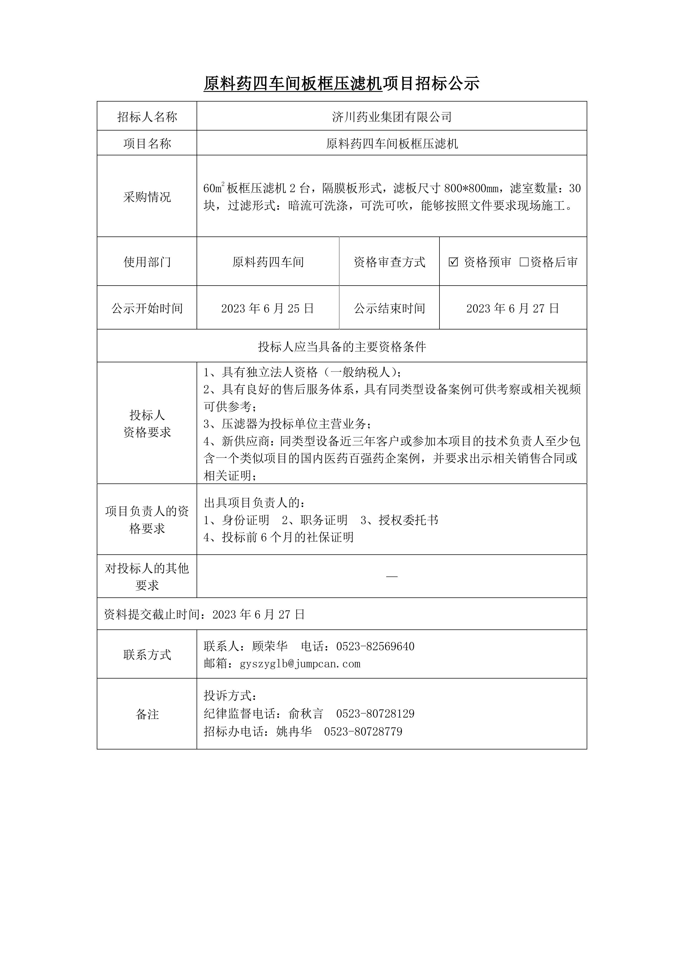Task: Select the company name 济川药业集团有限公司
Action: pos(392,117)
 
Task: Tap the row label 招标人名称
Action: pos(147,117)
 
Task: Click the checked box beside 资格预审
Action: pos(453,262)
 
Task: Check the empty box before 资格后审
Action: pos(524,262)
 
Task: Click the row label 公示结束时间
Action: pos(389,308)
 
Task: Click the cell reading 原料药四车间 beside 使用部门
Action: pos(268,262)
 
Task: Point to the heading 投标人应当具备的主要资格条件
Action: pos(342,347)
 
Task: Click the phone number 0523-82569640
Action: pos(375,646)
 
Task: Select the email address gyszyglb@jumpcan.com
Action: pos(300,664)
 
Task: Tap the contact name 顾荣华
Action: pos(270,646)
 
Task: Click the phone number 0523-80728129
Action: pos(375,714)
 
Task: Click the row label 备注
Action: pos(147,714)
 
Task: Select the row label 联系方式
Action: pos(147,655)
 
